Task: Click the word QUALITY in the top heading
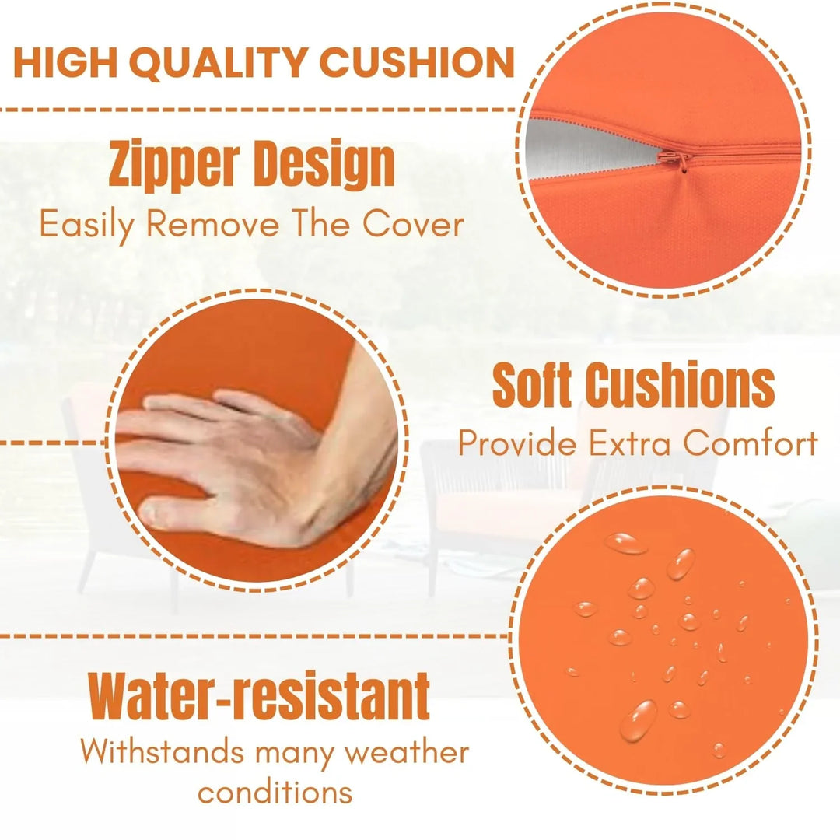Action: pyautogui.click(x=221, y=63)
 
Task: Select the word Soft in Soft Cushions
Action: pyautogui.click(x=531, y=385)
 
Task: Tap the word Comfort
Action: pyautogui.click(x=751, y=443)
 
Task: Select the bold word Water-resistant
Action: pyautogui.click(x=259, y=695)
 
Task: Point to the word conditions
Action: pyautogui.click(x=275, y=792)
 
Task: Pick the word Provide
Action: pyautogui.click(x=517, y=443)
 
